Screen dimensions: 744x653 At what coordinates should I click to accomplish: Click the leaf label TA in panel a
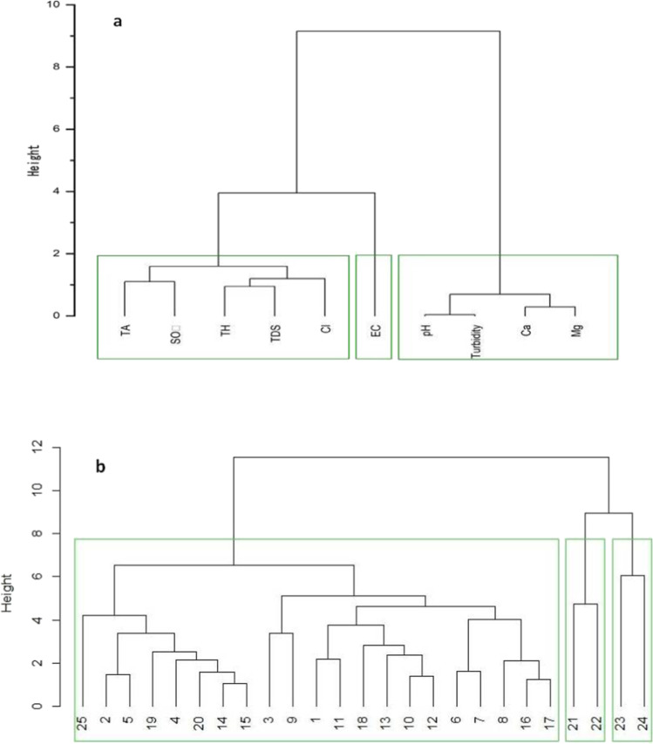coord(125,330)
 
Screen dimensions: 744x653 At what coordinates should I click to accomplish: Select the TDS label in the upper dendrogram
coord(275,334)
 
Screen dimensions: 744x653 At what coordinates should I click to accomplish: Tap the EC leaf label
coord(373,331)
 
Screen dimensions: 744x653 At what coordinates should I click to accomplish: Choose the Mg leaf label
coord(575,330)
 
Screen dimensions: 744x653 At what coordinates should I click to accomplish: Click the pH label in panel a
coord(425,330)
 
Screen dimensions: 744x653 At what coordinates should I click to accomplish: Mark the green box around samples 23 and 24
coord(632,540)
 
